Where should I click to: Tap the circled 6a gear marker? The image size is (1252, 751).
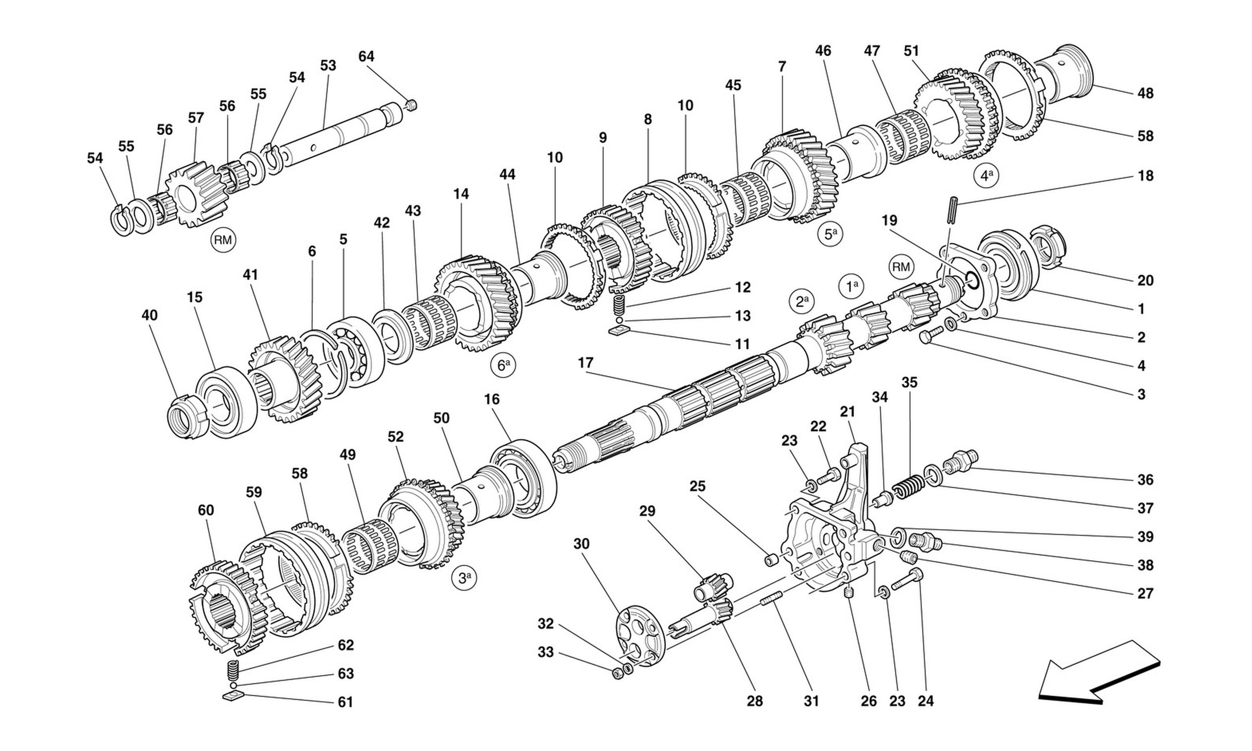point(502,365)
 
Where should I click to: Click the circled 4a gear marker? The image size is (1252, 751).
point(986,176)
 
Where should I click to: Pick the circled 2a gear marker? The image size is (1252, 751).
point(801,302)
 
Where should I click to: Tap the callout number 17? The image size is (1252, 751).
point(586,363)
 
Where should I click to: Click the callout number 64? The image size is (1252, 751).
point(367,56)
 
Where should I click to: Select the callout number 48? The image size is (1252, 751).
point(1145,93)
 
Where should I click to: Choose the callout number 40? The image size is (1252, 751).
point(149,315)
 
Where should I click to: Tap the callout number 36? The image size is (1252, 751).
point(1145,479)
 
